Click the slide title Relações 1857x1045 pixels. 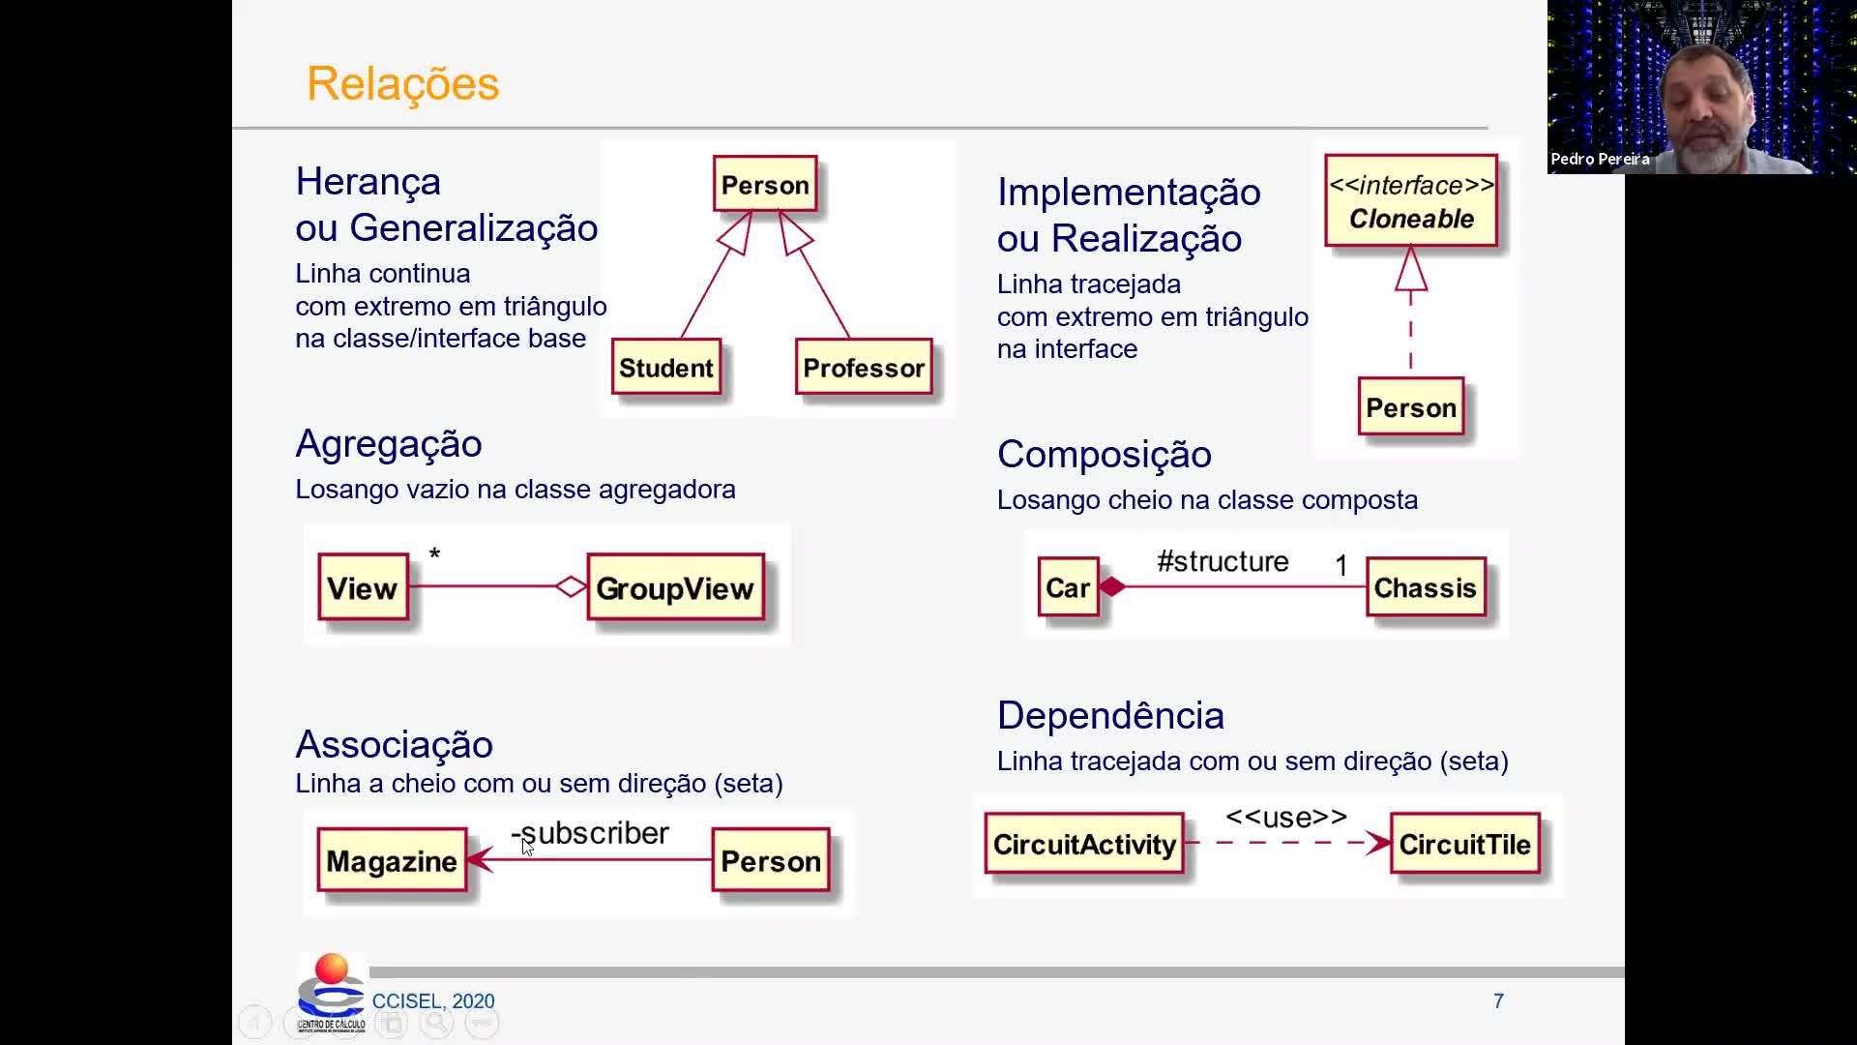tap(402, 83)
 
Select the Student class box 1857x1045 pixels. tap(666, 367)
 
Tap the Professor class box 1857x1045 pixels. tap(864, 367)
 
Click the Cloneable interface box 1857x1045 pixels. tap(1411, 200)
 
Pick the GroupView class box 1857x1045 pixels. tap(675, 587)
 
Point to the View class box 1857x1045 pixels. tap(363, 587)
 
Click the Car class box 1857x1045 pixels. tap(1068, 587)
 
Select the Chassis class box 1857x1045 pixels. tap(1426, 587)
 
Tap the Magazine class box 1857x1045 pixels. tap(392, 860)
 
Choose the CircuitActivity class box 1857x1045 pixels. tap(1084, 844)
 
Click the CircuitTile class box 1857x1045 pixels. tap(1464, 844)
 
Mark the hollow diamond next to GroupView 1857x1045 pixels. tap(572, 586)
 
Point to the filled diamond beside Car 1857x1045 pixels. tap(1112, 586)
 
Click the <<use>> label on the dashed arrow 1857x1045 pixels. tap(1286, 818)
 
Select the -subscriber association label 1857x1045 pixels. tap(590, 833)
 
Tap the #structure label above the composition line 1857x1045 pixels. tap(1223, 561)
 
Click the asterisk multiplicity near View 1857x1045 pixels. tap(434, 554)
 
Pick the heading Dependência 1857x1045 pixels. tap(1110, 715)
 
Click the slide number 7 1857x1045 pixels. tap(1498, 1000)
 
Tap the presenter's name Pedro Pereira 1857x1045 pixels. tap(1600, 159)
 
